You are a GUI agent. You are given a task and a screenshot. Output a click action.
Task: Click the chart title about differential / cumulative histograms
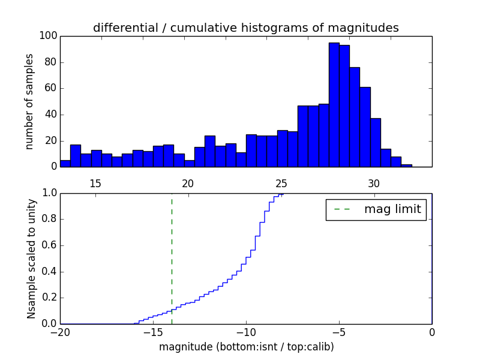point(245,28)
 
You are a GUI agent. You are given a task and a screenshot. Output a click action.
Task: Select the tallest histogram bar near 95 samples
point(334,105)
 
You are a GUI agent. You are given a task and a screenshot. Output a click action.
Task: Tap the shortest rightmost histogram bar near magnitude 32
point(407,166)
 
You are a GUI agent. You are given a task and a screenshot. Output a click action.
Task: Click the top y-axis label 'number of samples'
point(29,102)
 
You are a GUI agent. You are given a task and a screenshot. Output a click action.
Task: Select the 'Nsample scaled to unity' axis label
point(31,259)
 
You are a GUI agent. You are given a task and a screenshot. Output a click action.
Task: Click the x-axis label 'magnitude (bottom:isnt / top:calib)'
point(246,347)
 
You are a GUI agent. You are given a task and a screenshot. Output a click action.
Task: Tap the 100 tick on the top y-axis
point(49,36)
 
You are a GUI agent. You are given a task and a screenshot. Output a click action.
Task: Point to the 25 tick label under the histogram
point(281,183)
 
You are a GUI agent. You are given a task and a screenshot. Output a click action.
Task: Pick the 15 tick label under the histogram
point(95,183)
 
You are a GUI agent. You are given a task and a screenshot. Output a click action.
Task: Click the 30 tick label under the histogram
point(374,183)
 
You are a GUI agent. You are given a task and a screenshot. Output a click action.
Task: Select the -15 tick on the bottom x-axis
point(152,332)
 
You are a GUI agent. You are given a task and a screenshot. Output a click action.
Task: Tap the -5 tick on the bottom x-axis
point(338,332)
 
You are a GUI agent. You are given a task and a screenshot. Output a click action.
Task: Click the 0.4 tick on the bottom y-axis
point(49,271)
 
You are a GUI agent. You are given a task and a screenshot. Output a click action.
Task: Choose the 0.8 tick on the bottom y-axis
point(49,219)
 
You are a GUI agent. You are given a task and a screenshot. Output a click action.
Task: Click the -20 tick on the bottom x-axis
point(59,332)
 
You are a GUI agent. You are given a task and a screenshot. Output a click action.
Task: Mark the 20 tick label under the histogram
point(188,183)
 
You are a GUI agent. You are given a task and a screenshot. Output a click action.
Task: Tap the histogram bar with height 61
point(365,127)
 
